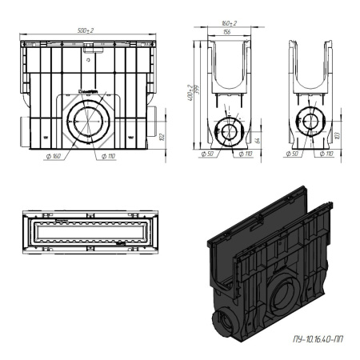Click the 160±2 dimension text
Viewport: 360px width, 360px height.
click(229, 24)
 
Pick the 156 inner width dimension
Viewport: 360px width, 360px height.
click(229, 33)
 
